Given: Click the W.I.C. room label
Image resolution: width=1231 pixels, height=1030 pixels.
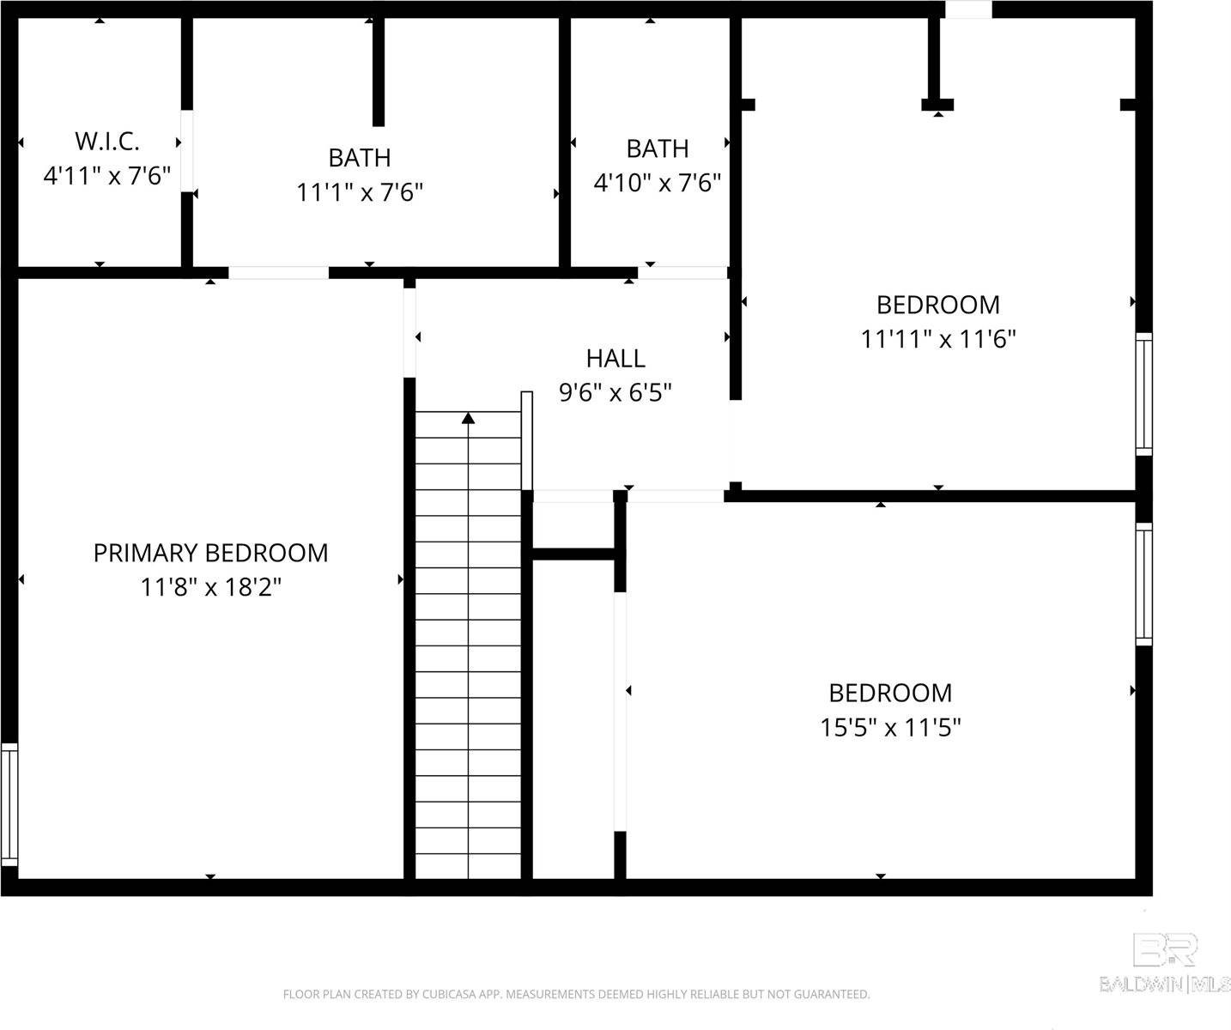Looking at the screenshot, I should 107,141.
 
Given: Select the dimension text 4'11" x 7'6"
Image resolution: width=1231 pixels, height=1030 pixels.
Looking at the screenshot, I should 107,176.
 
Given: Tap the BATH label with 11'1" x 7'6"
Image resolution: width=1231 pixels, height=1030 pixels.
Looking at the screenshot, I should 360,158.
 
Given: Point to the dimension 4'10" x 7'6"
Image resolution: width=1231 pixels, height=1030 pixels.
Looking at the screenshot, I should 657,183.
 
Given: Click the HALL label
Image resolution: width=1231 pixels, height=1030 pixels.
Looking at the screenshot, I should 615,358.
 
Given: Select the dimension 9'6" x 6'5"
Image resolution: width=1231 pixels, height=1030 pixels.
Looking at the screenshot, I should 615,393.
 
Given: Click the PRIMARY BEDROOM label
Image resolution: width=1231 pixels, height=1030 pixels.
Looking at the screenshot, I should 210,553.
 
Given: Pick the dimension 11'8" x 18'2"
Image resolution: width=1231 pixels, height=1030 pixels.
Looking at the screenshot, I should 210,588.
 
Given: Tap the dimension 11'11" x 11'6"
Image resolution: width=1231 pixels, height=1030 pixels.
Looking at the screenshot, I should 938,339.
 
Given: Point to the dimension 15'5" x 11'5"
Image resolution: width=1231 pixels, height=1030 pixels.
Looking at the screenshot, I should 890,728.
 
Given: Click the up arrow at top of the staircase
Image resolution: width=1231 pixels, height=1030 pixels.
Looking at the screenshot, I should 469,419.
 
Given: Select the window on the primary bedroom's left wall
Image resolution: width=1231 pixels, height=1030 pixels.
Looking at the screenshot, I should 9,804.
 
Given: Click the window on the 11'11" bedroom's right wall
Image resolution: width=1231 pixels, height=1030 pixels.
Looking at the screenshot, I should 1143,394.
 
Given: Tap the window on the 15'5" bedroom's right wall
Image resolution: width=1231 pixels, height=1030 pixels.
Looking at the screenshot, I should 1143,584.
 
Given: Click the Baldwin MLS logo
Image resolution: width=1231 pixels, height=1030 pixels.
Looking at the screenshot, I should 1165,964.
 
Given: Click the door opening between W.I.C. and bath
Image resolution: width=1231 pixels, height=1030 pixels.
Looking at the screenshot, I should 186,150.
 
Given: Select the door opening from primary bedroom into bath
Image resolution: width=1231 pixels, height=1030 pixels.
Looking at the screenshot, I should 278,273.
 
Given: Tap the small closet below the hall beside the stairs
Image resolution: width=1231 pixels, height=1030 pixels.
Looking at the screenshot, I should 573,525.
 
